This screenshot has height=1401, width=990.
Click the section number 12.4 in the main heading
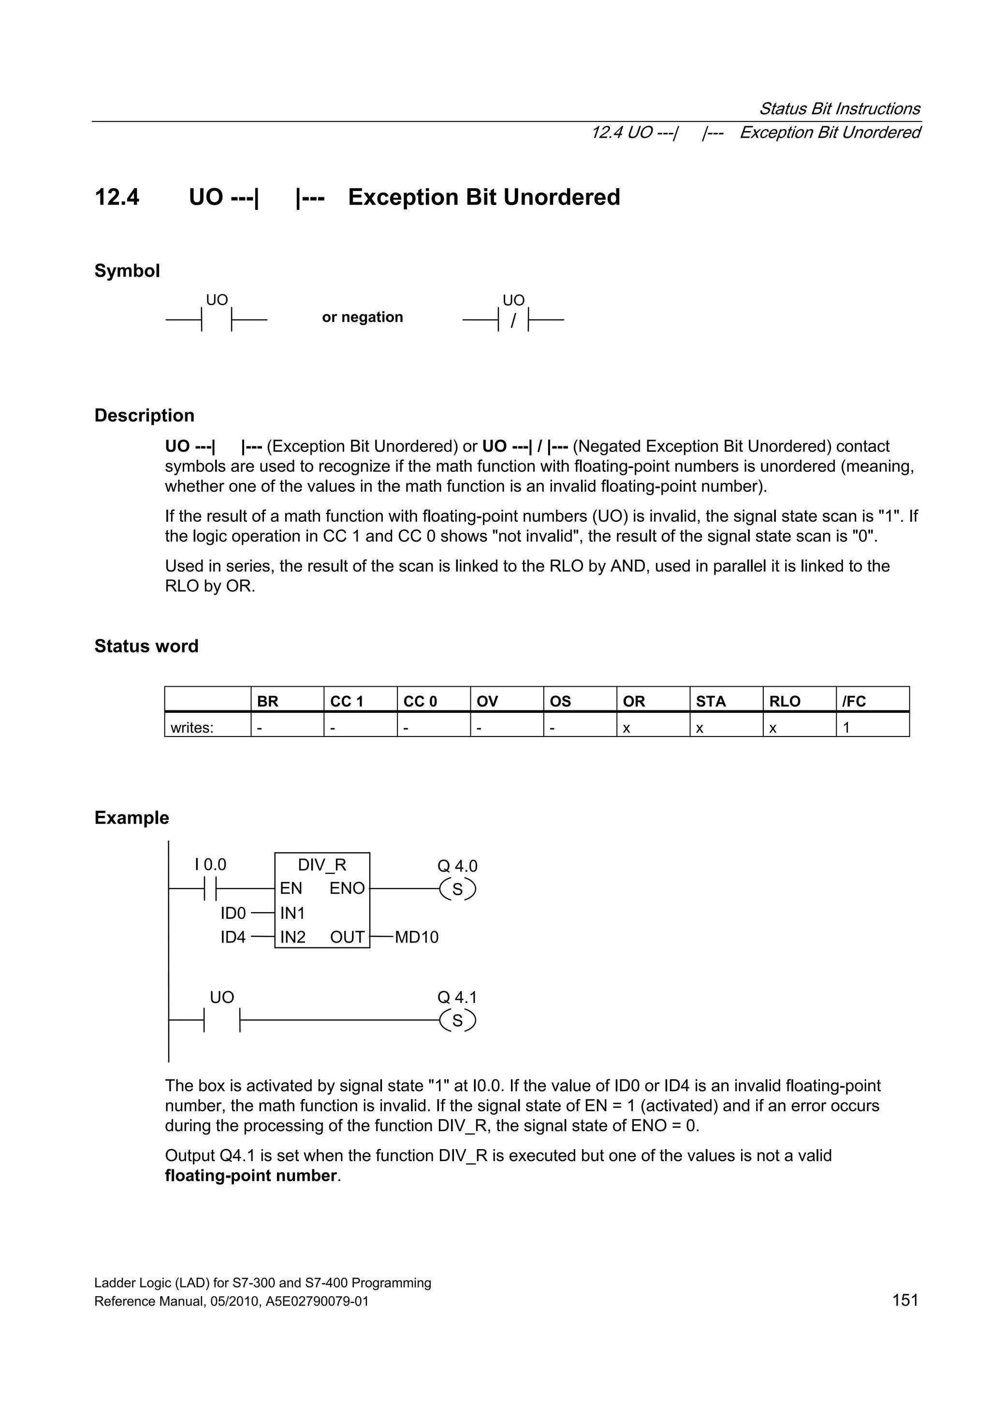[x=116, y=198]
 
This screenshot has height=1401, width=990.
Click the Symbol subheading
[x=127, y=271]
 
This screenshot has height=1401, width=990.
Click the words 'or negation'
[x=363, y=317]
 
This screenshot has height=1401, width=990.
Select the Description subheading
[x=144, y=415]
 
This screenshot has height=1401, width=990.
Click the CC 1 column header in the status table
[x=347, y=701]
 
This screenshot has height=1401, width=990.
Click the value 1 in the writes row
[x=846, y=727]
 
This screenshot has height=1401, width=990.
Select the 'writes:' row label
[x=192, y=727]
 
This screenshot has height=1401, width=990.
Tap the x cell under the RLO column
[x=773, y=727]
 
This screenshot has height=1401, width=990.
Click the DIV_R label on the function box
[x=321, y=865]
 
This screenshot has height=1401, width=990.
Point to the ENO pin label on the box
[x=347, y=888]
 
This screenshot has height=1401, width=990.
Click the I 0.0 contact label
[x=210, y=865]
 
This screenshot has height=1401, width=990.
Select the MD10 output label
[x=417, y=937]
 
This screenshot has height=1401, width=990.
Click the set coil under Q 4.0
[x=457, y=890]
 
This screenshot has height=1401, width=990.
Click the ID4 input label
[x=233, y=937]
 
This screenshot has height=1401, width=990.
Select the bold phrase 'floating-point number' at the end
[x=251, y=1176]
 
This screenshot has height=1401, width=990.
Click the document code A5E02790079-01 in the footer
[x=317, y=1301]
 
